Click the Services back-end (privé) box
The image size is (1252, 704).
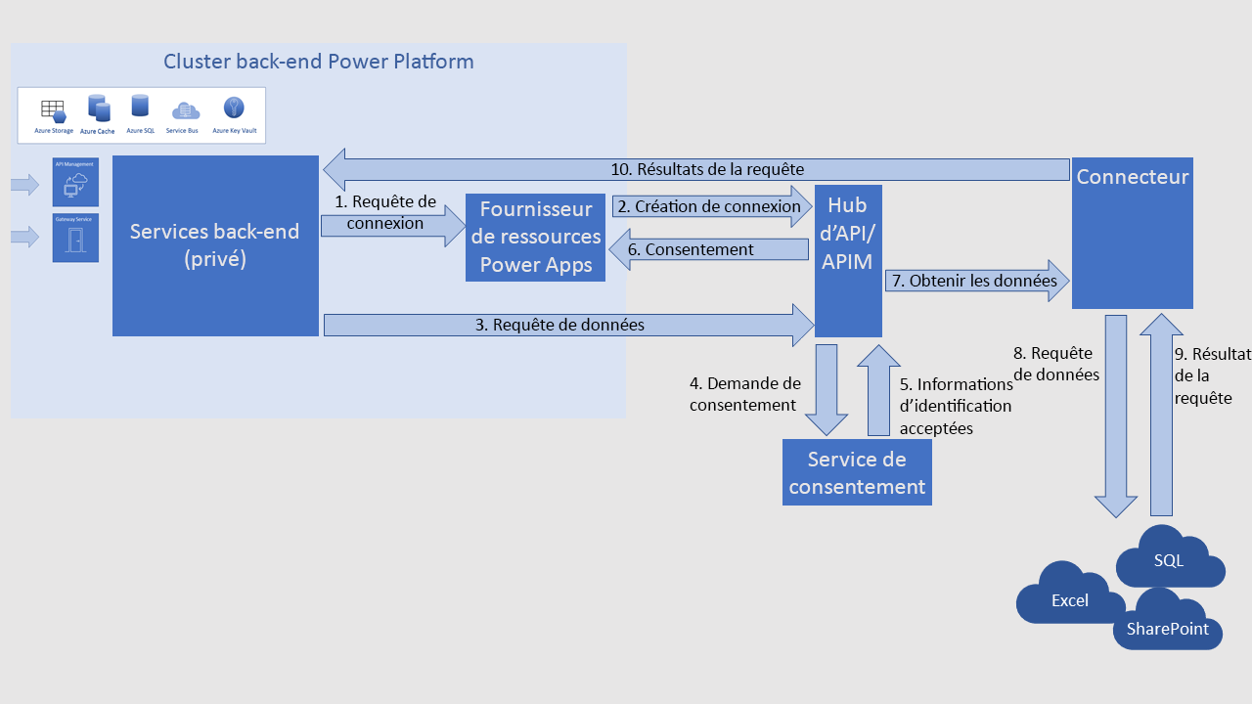pyautogui.click(x=215, y=245)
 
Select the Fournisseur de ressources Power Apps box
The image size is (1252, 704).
pyautogui.click(x=535, y=238)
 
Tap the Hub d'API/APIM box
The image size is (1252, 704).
pyautogui.click(x=848, y=260)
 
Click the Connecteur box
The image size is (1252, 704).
pyautogui.click(x=1132, y=233)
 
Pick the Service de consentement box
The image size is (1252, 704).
pyautogui.click(x=857, y=472)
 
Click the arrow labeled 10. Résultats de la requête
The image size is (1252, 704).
pyautogui.click(x=694, y=169)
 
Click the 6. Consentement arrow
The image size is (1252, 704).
pyautogui.click(x=704, y=249)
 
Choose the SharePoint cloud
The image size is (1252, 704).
pyautogui.click(x=1167, y=626)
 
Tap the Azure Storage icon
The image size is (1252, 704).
pyautogui.click(x=53, y=110)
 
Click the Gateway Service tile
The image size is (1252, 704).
pyautogui.click(x=75, y=239)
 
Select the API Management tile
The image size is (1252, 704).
pyautogui.click(x=75, y=182)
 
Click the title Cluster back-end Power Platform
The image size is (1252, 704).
pyautogui.click(x=319, y=62)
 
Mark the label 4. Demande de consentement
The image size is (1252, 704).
pyautogui.click(x=744, y=394)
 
